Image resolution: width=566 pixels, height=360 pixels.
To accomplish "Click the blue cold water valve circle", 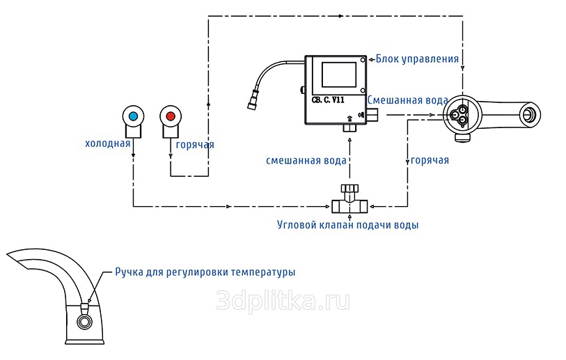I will tap(132, 115).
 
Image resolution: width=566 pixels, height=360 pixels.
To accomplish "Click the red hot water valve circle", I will tap(171, 115).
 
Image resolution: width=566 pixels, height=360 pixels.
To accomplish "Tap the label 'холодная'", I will tap(108, 144).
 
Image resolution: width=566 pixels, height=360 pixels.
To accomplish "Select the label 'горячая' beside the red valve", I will tap(195, 145).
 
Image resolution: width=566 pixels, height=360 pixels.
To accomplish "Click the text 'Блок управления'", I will tap(417, 58).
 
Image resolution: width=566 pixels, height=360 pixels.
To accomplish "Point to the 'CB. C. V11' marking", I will tap(328, 100).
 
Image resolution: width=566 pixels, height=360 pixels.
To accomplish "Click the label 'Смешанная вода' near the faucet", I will tap(407, 100).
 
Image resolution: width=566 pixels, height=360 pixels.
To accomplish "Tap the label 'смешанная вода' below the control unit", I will tap(306, 160).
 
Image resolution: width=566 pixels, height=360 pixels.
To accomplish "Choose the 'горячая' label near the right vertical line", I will tap(430, 160).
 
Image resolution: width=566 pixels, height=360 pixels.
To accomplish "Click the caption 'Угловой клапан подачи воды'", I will tap(348, 225).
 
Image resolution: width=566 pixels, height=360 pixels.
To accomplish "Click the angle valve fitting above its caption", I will tap(348, 202).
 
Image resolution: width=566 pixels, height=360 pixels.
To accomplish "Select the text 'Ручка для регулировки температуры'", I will tap(205, 272).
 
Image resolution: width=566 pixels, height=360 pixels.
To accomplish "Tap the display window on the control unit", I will tap(339, 75).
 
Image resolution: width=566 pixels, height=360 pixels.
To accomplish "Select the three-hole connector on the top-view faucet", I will tap(459, 114).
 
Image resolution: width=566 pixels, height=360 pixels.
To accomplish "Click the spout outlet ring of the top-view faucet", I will tap(532, 113).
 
